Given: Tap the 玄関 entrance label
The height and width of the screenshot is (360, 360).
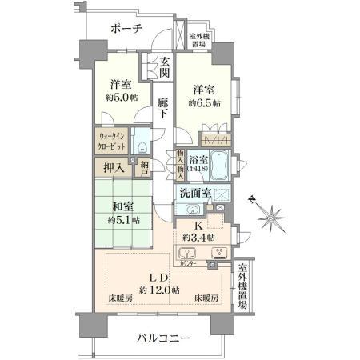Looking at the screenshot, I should pos(164,67).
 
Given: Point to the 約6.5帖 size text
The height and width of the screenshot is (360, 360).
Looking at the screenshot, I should pos(203,103).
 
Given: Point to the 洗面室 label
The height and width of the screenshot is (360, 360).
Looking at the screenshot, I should pos(194,193).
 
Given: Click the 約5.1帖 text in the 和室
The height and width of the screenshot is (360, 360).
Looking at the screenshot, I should pos(124,220).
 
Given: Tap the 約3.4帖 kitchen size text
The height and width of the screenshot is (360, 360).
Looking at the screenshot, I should pos(197,238).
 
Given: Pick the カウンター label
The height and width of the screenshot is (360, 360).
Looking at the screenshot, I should pos(189,263).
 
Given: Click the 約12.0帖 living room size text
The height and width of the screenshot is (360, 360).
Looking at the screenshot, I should pos(158,289).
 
